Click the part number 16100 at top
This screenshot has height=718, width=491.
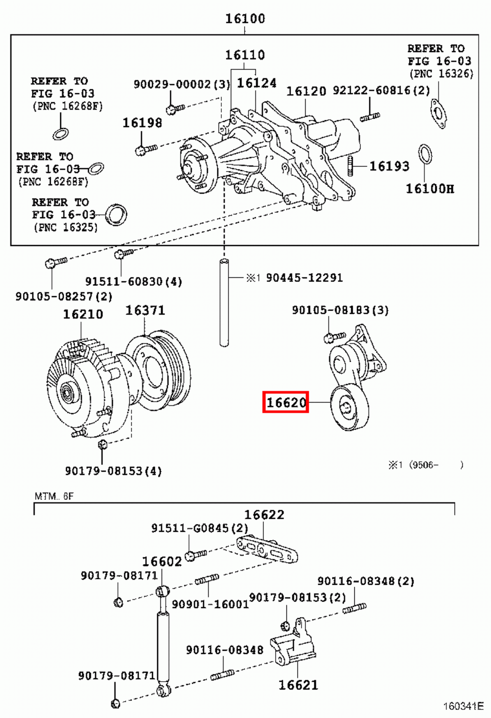click(x=245, y=18)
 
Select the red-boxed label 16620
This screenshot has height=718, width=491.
click(x=285, y=402)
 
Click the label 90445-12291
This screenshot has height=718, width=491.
click(x=304, y=278)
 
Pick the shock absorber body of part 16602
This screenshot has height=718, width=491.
click(x=163, y=646)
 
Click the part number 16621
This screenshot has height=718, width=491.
click(x=298, y=685)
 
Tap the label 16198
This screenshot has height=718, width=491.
click(x=142, y=123)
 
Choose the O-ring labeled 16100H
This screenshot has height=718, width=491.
click(x=425, y=154)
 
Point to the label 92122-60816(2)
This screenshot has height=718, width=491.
click(x=381, y=90)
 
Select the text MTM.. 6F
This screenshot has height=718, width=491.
click(x=54, y=496)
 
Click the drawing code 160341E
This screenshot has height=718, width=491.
click(x=463, y=706)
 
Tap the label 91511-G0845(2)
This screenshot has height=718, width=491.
click(x=199, y=528)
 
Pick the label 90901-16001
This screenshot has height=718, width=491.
click(x=210, y=604)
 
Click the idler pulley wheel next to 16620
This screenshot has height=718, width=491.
click(x=349, y=407)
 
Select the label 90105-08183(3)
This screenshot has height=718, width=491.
click(x=340, y=310)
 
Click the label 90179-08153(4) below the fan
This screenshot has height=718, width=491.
click(x=113, y=471)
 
